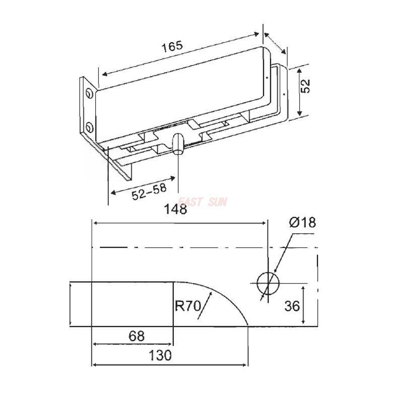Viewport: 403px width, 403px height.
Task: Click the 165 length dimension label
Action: pos(172,46)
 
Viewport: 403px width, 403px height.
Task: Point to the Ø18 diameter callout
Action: pos(302,222)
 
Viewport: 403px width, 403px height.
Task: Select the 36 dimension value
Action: pos(293,306)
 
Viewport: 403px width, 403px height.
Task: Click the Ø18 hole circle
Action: pos(267,283)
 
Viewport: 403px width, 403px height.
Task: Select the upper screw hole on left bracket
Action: pos(89,94)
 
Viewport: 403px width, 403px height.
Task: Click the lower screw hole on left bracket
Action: pos(89,126)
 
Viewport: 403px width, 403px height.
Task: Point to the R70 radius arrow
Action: pos(204,307)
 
